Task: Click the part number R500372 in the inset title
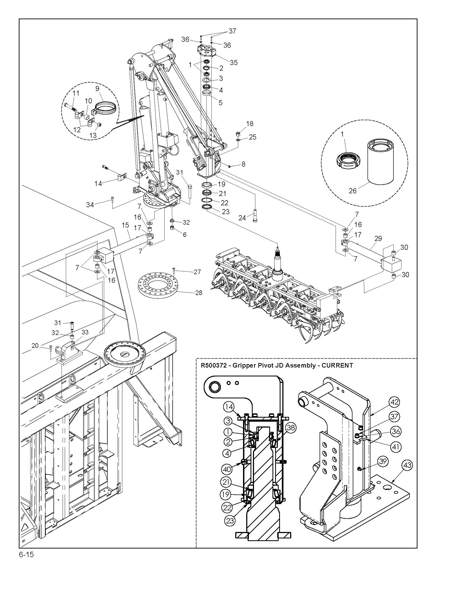click(x=215, y=366)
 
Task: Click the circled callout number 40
click(x=227, y=469)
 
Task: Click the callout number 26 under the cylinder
click(x=352, y=191)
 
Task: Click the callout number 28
click(x=199, y=293)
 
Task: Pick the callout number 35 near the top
click(x=233, y=62)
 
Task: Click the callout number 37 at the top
click(x=232, y=31)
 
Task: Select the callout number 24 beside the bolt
click(x=242, y=217)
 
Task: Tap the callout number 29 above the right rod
click(x=378, y=238)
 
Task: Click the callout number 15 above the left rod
click(x=125, y=225)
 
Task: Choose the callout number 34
click(x=90, y=205)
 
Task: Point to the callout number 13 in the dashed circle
click(x=93, y=135)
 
